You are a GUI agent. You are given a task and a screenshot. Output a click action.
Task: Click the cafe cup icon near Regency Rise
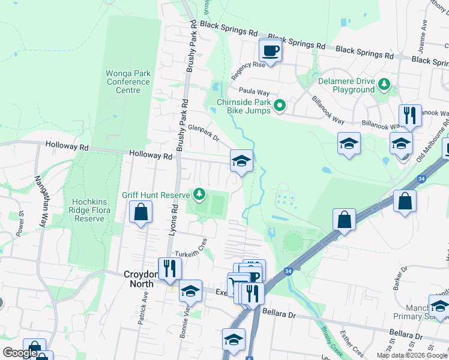[270, 50]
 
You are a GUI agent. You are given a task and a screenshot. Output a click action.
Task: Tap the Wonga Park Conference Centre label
[128, 82]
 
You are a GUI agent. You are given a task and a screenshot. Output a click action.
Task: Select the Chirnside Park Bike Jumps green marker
[280, 107]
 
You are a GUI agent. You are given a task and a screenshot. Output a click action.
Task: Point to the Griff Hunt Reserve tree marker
[199, 195]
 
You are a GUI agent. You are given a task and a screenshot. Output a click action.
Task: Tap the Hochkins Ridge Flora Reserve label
[89, 210]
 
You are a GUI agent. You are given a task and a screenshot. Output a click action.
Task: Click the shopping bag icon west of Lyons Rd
[140, 212]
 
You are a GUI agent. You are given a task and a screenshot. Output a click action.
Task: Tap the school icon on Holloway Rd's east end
[241, 161]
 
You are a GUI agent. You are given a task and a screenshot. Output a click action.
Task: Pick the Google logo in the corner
[20, 353]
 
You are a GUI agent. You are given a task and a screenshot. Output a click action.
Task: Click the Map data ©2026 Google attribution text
[412, 355]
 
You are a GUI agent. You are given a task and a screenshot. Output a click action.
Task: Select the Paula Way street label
[254, 91]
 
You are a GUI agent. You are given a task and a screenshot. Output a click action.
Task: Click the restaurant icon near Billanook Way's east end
[410, 115]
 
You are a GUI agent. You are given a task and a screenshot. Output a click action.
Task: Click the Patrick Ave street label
[143, 308]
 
